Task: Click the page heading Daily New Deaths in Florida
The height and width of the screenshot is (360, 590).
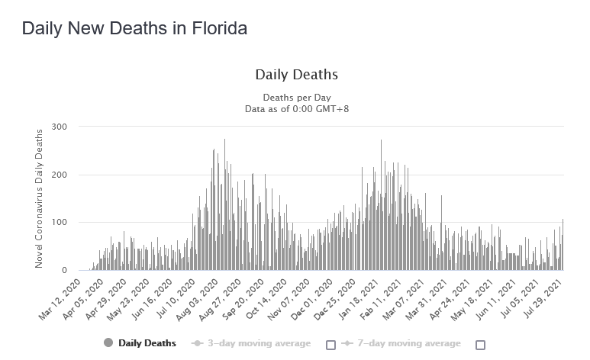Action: click(x=134, y=29)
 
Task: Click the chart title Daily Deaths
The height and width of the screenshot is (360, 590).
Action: click(x=296, y=75)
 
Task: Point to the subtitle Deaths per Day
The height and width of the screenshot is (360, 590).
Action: click(x=296, y=98)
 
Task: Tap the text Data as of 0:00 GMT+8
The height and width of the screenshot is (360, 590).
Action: click(x=296, y=109)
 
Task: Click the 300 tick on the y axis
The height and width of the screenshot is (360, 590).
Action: click(x=60, y=127)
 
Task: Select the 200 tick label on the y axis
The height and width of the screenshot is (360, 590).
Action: click(x=60, y=175)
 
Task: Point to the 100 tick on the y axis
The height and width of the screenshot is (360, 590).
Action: click(x=60, y=223)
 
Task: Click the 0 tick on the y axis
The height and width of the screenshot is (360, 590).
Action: click(x=64, y=271)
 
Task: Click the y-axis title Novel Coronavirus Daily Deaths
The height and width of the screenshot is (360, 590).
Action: click(x=40, y=198)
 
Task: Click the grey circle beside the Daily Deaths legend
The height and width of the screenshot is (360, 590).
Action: click(x=108, y=343)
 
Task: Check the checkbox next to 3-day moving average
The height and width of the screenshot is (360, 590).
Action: click(x=330, y=344)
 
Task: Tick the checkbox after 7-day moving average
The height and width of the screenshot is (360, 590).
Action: click(x=480, y=344)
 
